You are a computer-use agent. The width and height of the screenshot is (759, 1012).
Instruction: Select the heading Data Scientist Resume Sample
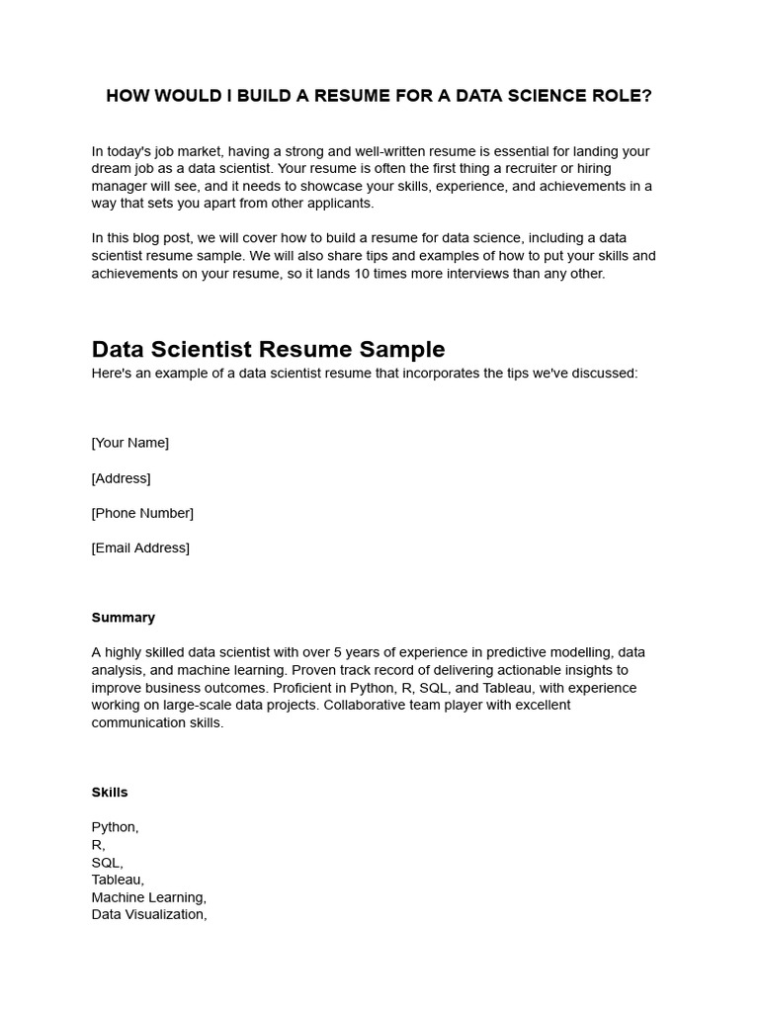(268, 349)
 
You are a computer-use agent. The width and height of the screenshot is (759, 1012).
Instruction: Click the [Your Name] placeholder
(130, 443)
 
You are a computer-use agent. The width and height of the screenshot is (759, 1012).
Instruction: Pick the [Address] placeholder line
(121, 478)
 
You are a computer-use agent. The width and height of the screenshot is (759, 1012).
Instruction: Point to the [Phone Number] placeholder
(142, 513)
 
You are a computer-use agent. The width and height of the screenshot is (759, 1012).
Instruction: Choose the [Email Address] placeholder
(140, 548)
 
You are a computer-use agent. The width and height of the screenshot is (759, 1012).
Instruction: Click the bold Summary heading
(124, 618)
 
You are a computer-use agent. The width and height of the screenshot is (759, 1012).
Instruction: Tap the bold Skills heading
(110, 793)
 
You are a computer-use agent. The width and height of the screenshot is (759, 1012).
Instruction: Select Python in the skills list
(115, 827)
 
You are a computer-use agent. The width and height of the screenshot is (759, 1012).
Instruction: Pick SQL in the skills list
(107, 863)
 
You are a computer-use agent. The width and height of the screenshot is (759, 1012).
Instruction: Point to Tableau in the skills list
(118, 880)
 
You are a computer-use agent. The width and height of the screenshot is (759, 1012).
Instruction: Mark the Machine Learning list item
(148, 897)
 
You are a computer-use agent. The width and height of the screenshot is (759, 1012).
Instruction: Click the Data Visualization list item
(149, 915)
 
